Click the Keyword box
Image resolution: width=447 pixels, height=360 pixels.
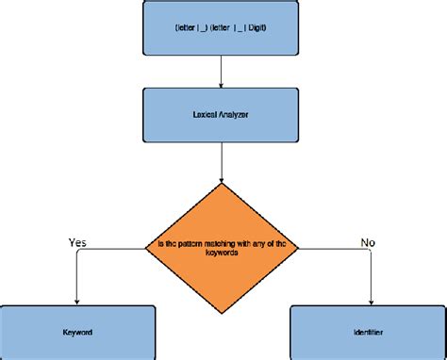coord(77,333)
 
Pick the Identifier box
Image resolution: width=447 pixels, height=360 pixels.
coord(367,333)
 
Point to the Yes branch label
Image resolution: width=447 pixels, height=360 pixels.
coord(79,242)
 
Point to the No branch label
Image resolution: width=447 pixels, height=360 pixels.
coord(369,242)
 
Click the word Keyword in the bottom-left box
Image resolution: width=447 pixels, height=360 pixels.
coord(77,333)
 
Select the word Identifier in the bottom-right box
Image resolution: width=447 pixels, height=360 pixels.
coord(367,333)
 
